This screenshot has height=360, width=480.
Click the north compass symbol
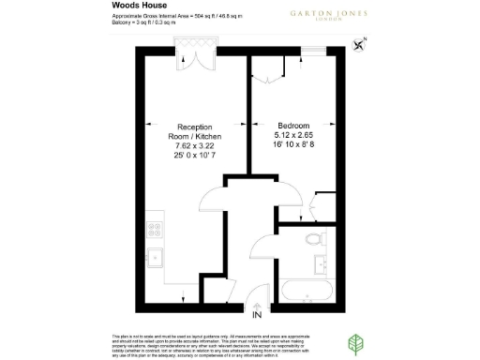point(361,42)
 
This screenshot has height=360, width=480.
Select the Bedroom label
point(293,125)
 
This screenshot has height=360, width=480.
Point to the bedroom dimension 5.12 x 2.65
point(294,136)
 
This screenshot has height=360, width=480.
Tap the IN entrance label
point(257,314)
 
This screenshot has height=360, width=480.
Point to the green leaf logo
point(358,341)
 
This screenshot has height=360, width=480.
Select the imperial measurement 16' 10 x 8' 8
point(294,146)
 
